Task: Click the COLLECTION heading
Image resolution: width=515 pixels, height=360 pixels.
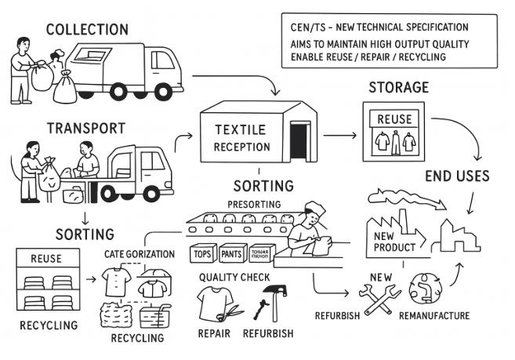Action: [86, 30]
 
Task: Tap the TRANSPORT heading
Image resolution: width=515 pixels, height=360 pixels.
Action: [85, 128]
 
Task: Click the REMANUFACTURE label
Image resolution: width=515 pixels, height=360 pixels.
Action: [433, 316]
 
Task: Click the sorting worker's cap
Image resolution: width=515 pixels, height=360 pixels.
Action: [314, 210]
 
